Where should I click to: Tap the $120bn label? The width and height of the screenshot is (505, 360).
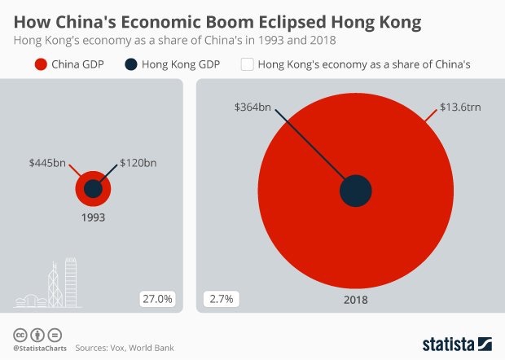138,163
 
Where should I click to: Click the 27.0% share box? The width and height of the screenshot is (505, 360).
157,299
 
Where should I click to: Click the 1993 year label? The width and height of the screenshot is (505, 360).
92,217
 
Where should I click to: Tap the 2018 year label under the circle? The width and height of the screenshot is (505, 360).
356,300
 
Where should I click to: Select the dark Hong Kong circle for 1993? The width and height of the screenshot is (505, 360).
93,189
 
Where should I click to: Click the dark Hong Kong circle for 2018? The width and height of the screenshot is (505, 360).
356,191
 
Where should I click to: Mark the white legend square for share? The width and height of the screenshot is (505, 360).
247,64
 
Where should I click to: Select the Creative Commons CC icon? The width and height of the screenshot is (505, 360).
20,335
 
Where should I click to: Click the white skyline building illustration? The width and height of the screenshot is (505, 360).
49,285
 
